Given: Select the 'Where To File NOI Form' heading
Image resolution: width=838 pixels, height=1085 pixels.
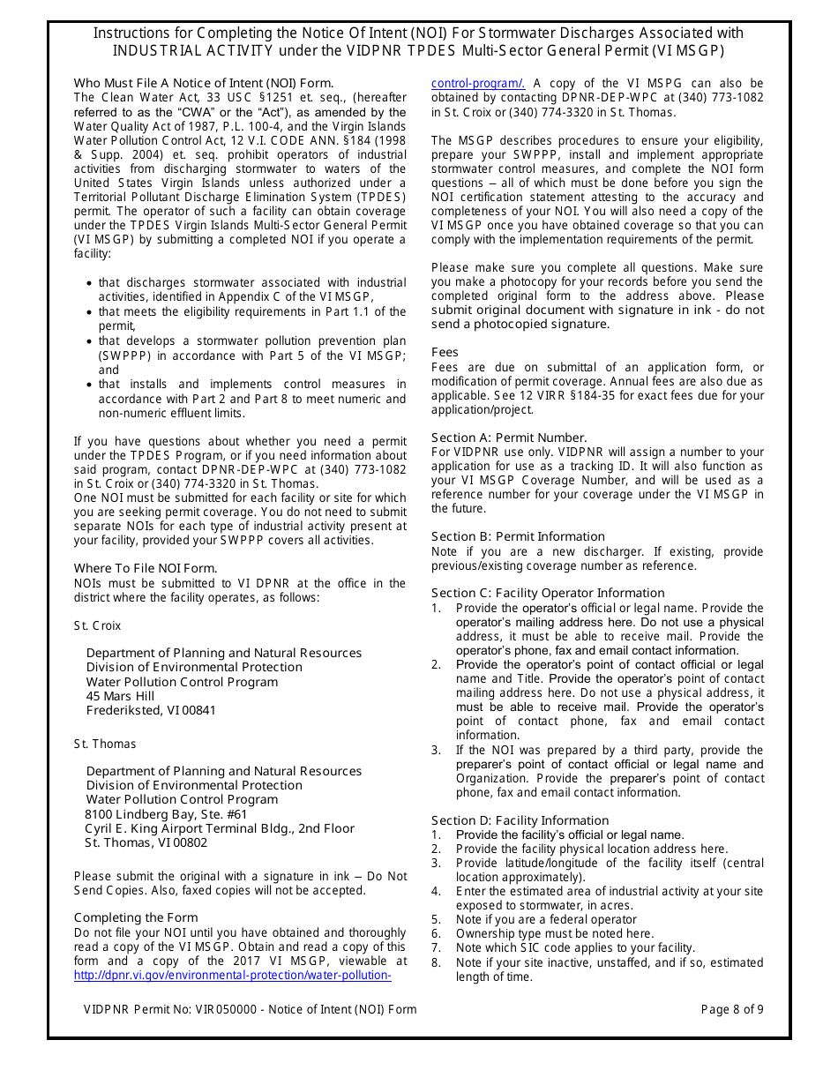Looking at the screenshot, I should click(x=146, y=569).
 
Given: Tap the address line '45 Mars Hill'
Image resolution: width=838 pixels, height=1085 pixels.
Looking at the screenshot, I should click(x=120, y=696).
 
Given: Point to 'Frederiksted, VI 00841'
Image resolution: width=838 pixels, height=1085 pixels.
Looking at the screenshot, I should click(x=151, y=710).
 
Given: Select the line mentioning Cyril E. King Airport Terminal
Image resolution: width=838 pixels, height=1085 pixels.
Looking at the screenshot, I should click(x=220, y=828).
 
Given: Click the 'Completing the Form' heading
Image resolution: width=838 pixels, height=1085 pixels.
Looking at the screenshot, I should click(x=136, y=918).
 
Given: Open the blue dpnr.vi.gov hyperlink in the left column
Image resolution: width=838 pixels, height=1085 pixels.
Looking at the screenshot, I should click(x=232, y=975).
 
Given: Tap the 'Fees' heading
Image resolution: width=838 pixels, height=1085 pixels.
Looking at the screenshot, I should click(x=445, y=353).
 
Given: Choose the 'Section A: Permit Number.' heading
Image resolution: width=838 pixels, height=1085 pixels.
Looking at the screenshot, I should click(x=509, y=438).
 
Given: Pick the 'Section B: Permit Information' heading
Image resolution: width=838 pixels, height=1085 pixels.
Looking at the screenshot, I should click(x=518, y=537).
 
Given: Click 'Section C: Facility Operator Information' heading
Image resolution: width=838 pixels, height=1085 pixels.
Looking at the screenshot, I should click(x=548, y=594).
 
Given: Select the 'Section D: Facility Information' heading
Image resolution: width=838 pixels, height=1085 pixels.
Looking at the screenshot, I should click(x=520, y=820).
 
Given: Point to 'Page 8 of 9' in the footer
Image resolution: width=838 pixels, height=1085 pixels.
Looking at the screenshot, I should click(x=732, y=1009).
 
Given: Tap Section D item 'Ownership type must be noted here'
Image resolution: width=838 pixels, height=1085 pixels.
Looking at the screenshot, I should click(x=555, y=933).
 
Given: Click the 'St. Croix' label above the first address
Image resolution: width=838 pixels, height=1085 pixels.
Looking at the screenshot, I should click(x=97, y=625).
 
